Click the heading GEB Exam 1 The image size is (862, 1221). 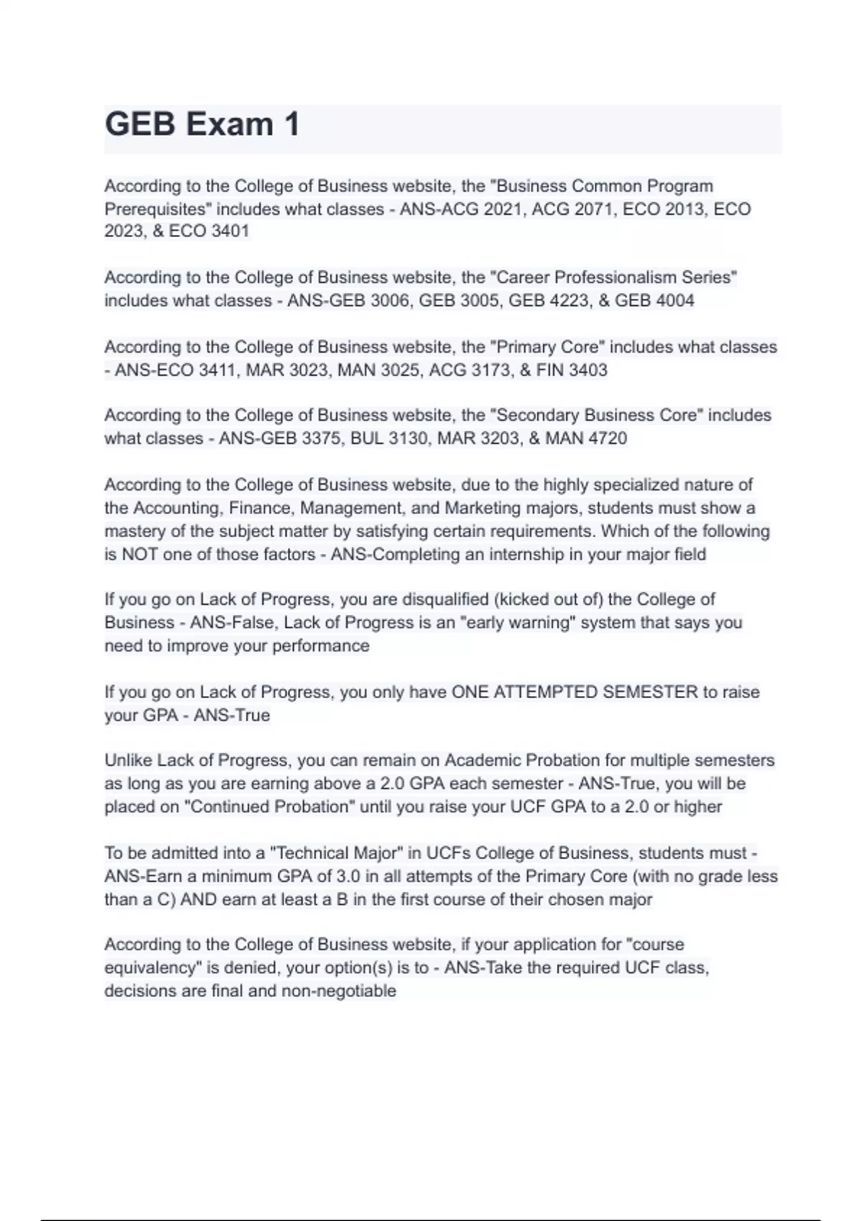202,124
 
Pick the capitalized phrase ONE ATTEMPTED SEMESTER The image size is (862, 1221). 574,692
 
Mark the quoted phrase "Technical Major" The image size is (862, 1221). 335,853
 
